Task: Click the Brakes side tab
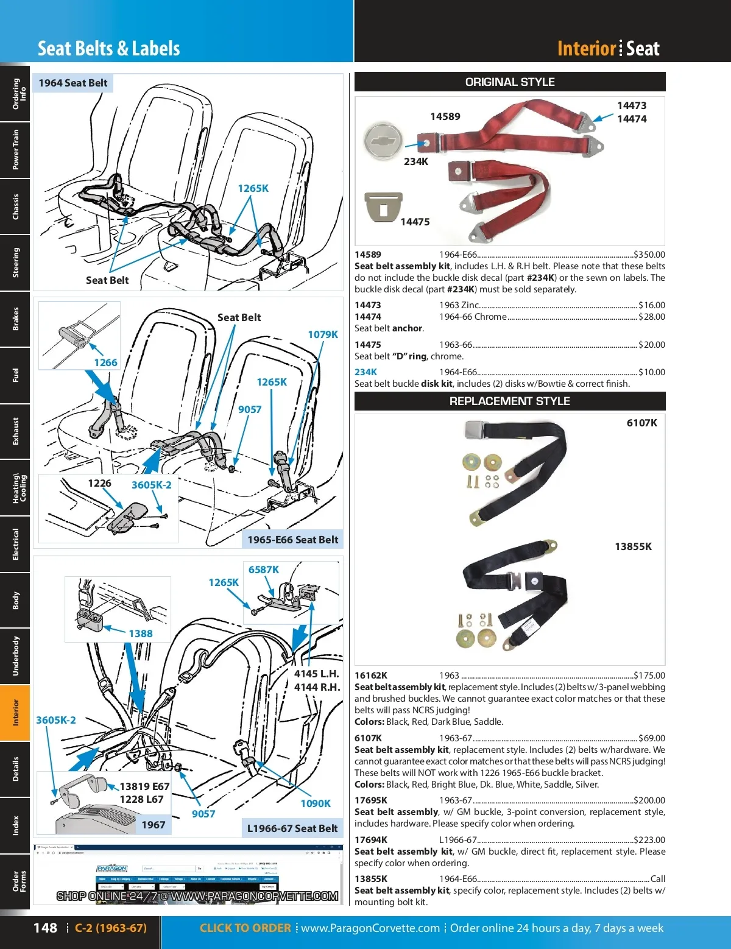[15, 319]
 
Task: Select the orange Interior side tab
[15, 713]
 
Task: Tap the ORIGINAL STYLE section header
[510, 82]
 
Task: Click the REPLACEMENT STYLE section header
[510, 401]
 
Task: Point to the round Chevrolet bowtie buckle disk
[383, 139]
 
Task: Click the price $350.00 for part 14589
[649, 255]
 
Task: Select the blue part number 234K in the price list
[365, 372]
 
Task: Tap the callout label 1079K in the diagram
[322, 334]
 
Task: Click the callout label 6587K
[263, 570]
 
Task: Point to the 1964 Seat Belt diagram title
[73, 83]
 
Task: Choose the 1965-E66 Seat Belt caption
[292, 540]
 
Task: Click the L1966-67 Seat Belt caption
[292, 828]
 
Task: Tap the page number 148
[45, 928]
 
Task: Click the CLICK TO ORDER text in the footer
[245, 928]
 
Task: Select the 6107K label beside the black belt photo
[642, 423]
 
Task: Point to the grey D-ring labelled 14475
[383, 207]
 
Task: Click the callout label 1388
[140, 633]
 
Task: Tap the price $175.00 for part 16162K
[649, 676]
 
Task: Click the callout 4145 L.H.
[316, 674]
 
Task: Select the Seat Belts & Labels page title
[109, 49]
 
